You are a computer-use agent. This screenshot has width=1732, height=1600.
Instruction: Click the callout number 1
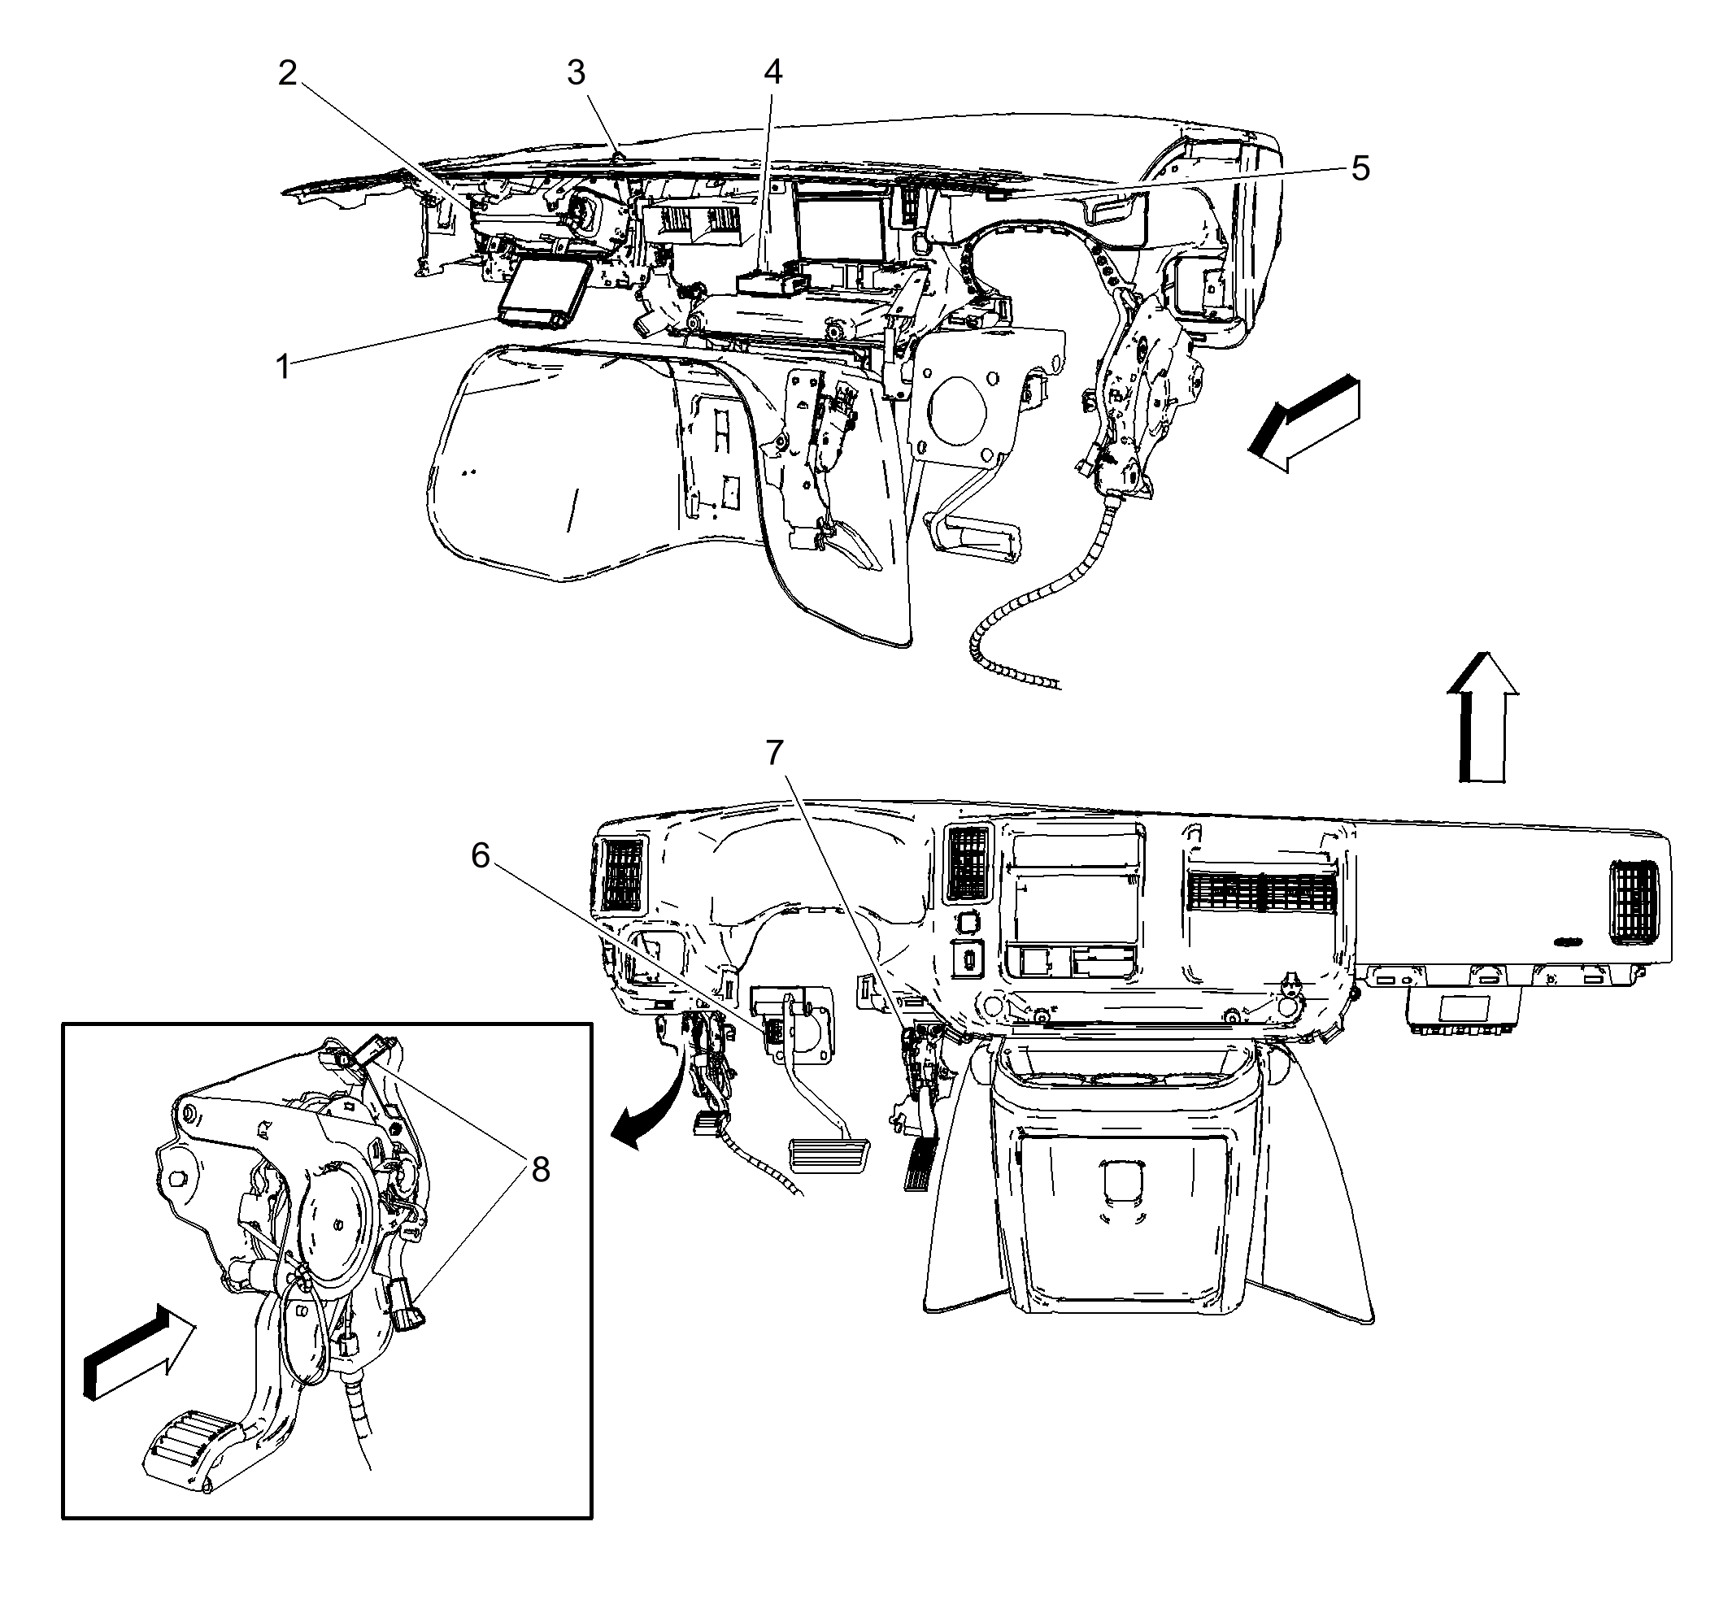pos(282,367)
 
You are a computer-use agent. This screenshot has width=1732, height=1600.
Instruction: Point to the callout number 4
pos(772,72)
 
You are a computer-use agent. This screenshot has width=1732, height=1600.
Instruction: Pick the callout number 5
pos(1360,169)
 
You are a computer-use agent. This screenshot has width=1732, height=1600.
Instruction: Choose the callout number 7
pos(774,753)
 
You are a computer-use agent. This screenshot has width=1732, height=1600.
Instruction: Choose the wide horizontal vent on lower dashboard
pos(1260,892)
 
